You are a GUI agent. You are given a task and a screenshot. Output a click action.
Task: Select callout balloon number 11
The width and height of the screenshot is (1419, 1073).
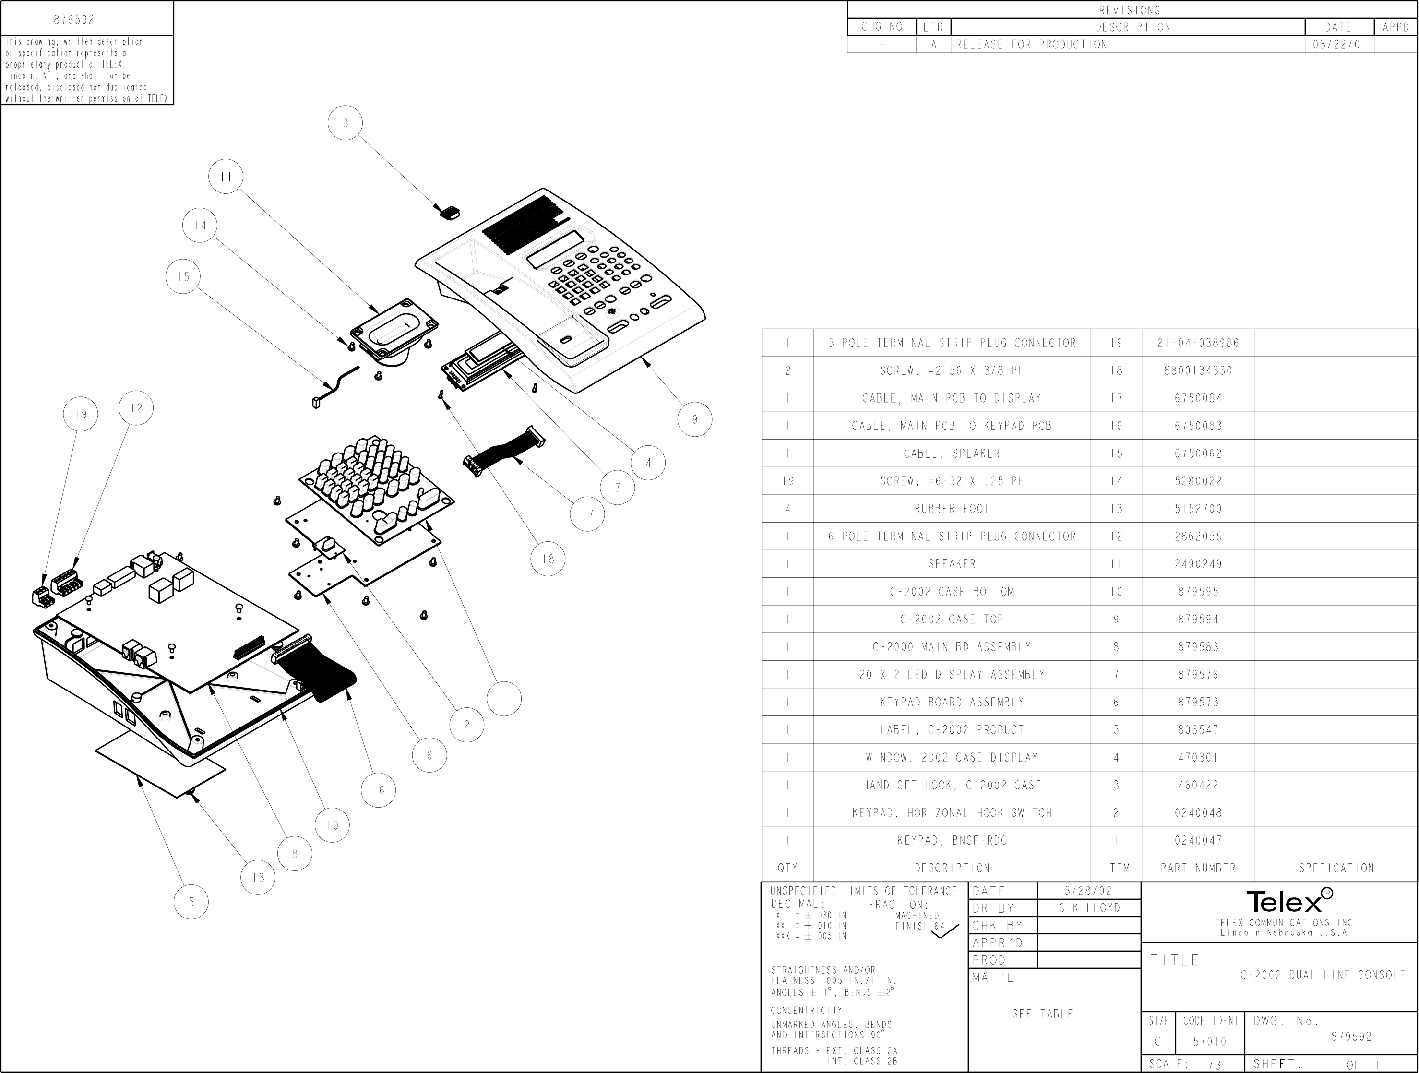click(x=226, y=177)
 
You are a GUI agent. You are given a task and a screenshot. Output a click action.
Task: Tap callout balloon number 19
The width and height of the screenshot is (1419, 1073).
click(x=80, y=414)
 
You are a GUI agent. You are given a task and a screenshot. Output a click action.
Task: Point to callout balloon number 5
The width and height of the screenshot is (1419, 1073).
click(x=191, y=902)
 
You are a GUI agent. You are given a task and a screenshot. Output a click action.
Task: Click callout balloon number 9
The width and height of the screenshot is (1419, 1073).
click(x=695, y=419)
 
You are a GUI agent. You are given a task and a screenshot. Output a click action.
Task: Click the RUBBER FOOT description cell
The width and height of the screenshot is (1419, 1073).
click(x=952, y=509)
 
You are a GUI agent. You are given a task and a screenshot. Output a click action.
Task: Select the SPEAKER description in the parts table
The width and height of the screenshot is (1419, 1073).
click(x=952, y=564)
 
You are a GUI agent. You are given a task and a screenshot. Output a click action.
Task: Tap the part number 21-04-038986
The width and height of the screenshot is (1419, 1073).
click(x=1198, y=343)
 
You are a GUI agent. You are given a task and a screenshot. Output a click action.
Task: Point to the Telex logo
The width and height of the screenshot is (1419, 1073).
click(x=1289, y=902)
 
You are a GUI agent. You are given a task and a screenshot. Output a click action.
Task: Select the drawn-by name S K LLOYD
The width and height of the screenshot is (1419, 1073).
click(x=1089, y=908)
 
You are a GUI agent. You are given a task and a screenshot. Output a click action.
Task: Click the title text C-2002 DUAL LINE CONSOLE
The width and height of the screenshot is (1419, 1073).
click(x=1323, y=976)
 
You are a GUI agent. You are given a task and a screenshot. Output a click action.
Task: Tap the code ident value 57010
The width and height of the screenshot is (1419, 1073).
click(x=1210, y=1042)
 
